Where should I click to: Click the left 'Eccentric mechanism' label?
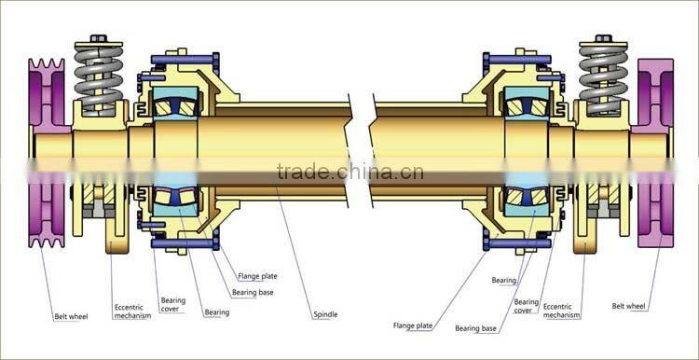click(x=132, y=311)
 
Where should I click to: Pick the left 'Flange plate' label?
click(x=257, y=276)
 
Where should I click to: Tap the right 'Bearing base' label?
click(x=476, y=328)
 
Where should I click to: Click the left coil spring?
click(x=97, y=79)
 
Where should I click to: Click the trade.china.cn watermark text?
click(x=349, y=172)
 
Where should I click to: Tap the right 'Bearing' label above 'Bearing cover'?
click(x=504, y=280)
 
